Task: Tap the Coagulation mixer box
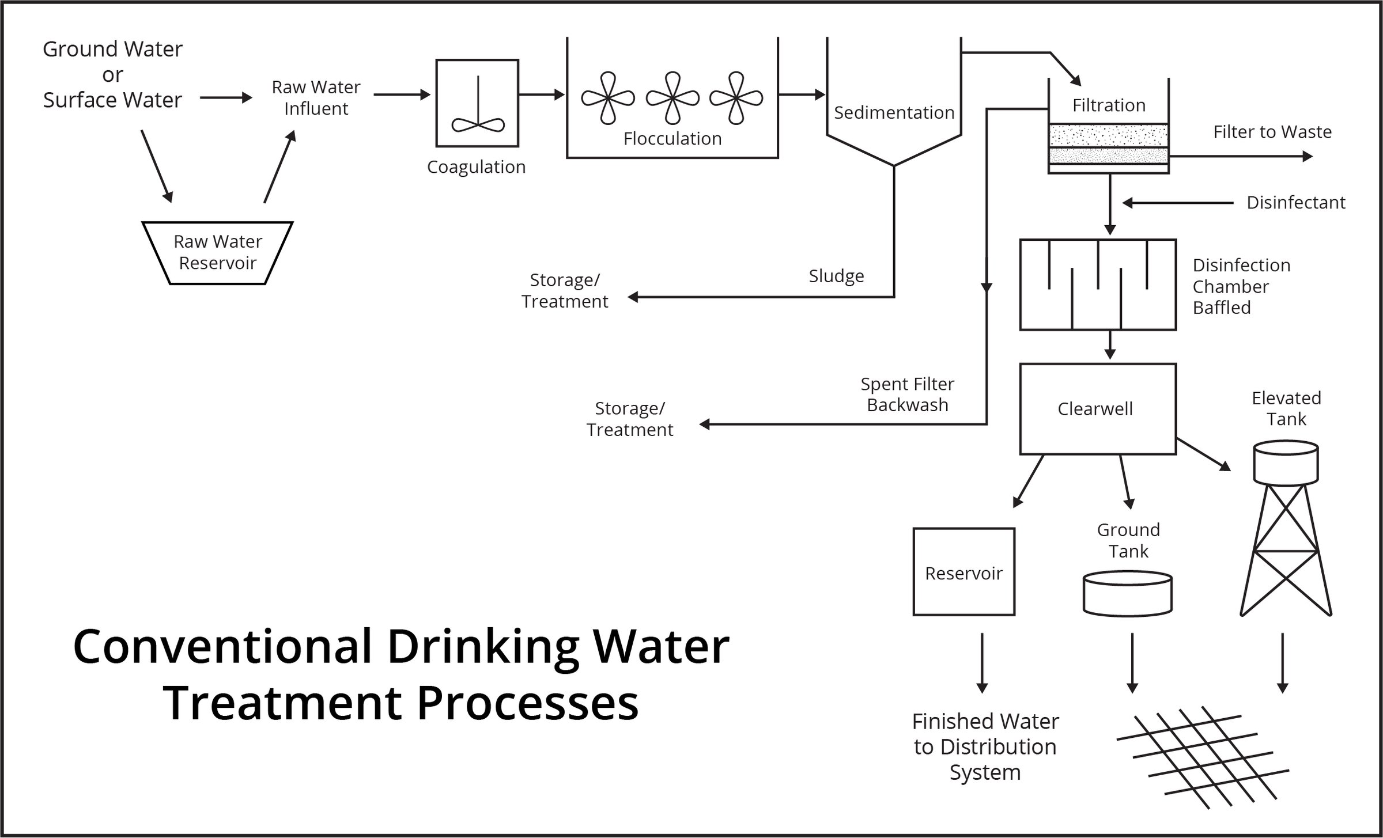click(x=477, y=103)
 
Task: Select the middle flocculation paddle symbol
click(x=672, y=98)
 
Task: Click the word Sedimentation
click(x=894, y=112)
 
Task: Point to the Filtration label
click(x=1109, y=105)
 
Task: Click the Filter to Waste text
click(x=1272, y=132)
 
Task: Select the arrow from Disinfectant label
click(x=1176, y=203)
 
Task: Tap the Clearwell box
click(x=1097, y=408)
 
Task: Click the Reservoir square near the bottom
click(x=963, y=572)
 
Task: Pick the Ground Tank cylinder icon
click(x=1127, y=593)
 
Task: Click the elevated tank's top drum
click(x=1286, y=462)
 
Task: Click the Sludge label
click(x=836, y=276)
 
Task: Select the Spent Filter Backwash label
click(x=907, y=395)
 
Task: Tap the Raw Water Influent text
click(x=316, y=98)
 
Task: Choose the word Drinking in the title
click(x=483, y=647)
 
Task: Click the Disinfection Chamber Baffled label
click(x=1241, y=286)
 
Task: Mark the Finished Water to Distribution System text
click(x=985, y=746)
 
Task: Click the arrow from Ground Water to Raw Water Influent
click(x=226, y=98)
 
